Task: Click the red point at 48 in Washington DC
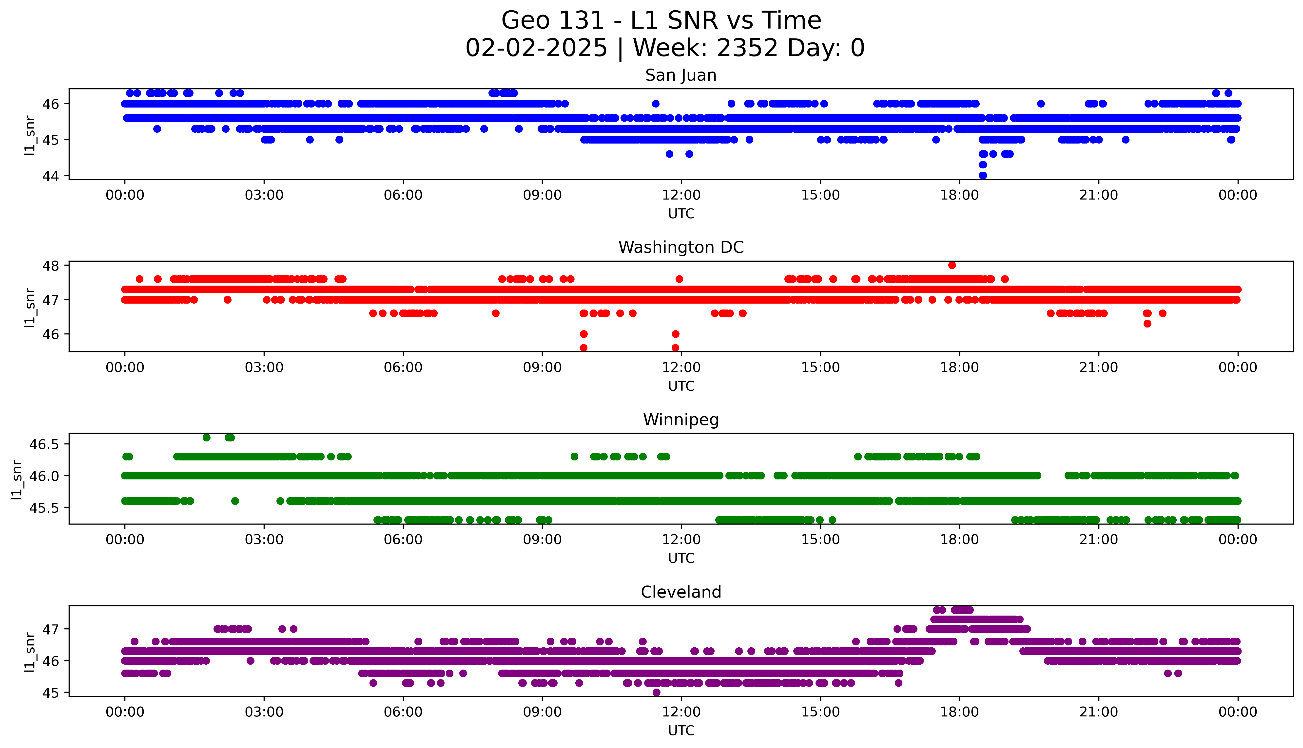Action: [952, 265]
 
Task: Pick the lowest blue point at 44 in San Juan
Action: [983, 175]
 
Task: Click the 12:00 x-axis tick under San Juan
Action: [681, 195]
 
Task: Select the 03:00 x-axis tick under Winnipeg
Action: [264, 540]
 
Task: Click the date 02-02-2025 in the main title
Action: [536, 48]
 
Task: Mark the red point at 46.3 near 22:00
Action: [1147, 324]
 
